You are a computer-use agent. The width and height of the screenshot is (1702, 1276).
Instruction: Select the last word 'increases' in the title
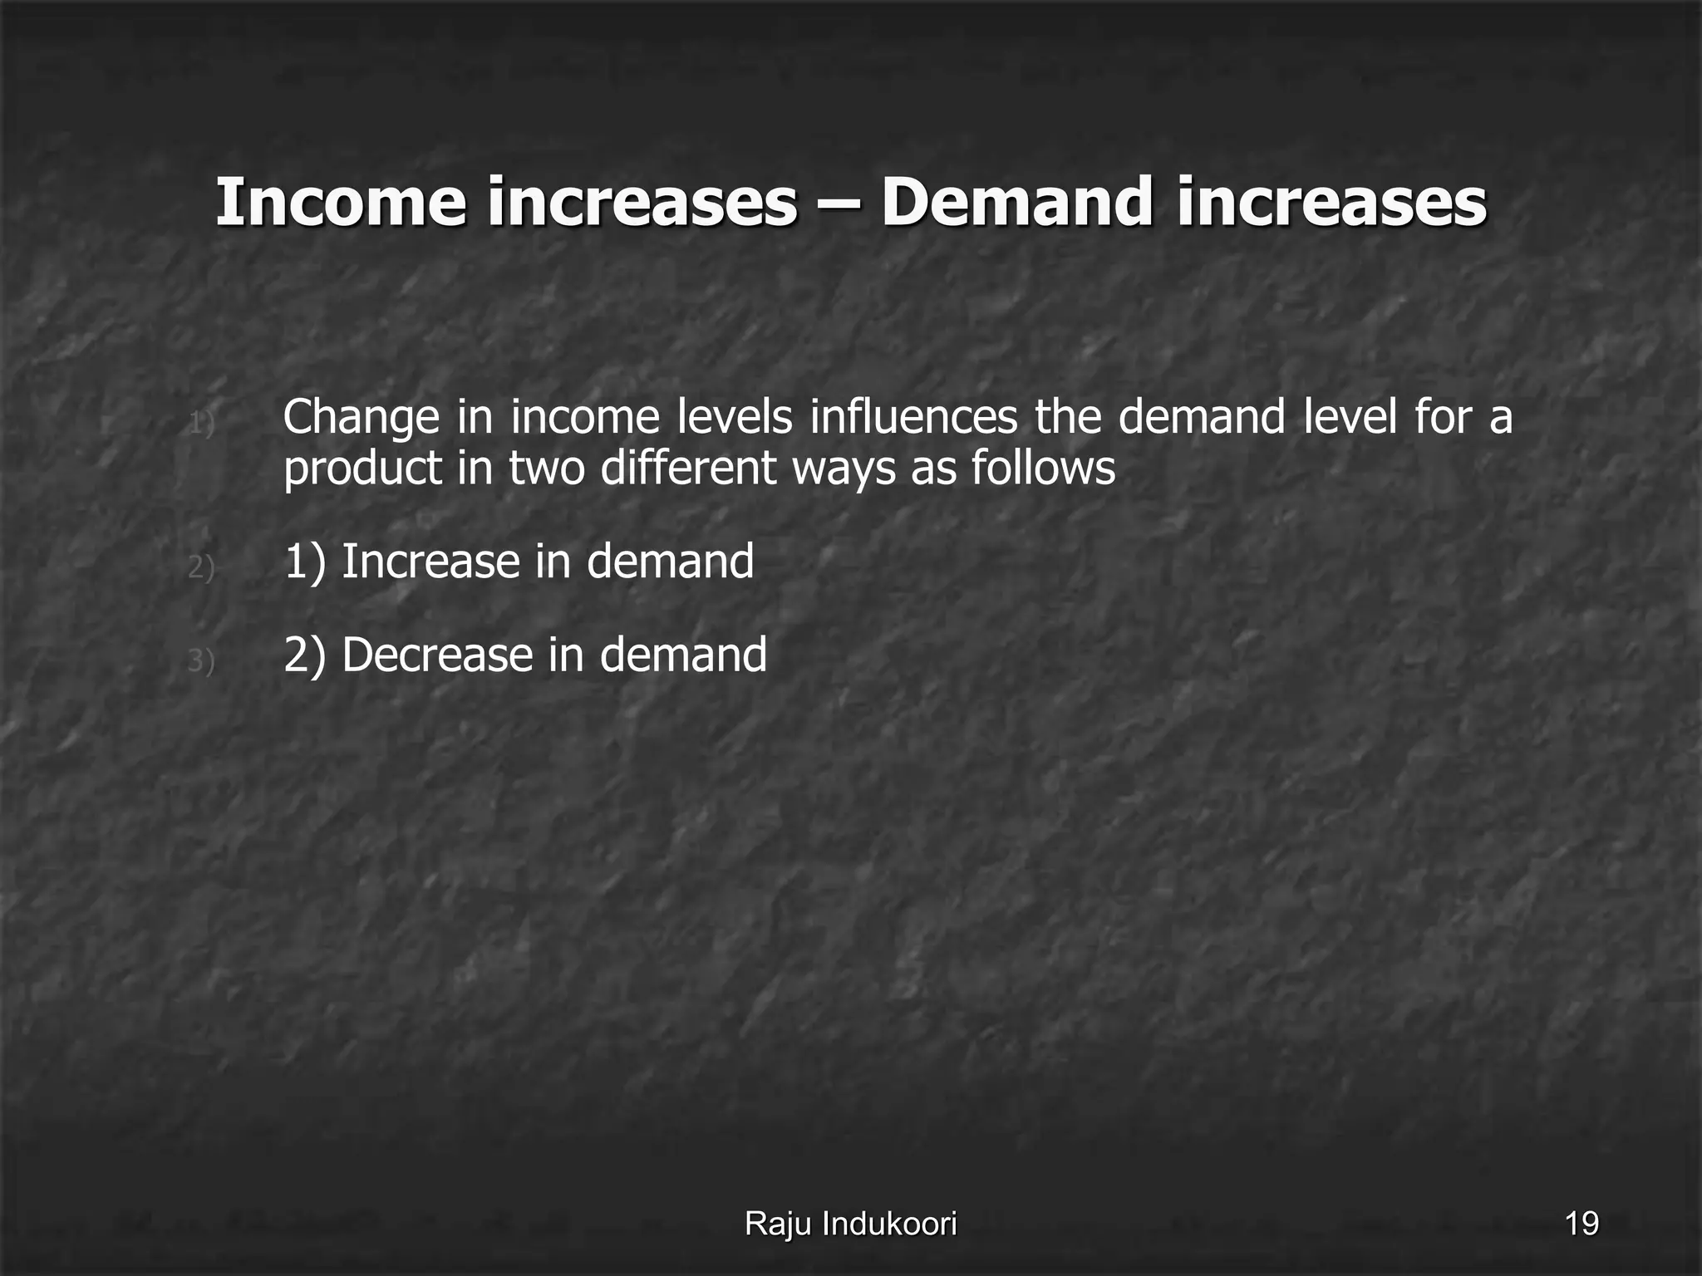click(1331, 202)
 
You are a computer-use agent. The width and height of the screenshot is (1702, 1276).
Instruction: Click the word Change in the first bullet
click(361, 418)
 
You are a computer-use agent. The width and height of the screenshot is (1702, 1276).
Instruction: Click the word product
click(362, 469)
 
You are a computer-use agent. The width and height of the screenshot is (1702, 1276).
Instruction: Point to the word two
click(548, 468)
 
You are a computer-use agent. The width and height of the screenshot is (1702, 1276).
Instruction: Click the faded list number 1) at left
click(201, 424)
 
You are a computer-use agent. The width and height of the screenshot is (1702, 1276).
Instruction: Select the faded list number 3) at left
click(201, 661)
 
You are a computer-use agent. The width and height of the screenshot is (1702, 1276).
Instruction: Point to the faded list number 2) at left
click(201, 567)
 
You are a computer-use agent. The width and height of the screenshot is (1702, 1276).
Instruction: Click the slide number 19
click(1581, 1224)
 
